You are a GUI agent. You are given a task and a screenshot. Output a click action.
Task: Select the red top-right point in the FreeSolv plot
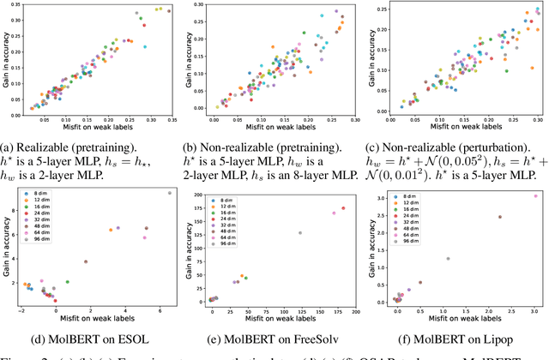point(343,207)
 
